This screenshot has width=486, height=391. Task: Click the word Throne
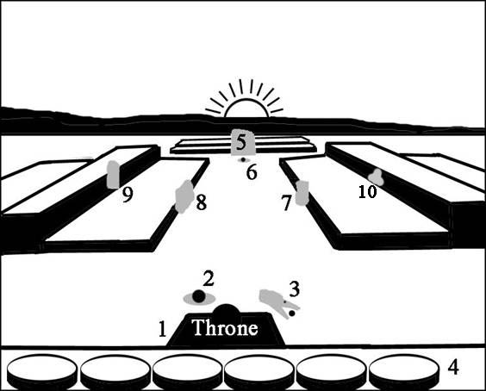coord(225,327)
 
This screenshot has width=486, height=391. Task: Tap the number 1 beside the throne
coord(162,329)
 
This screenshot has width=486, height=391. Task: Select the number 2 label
coord(209,278)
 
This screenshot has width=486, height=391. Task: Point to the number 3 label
coord(294,289)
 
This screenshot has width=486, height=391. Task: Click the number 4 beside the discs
coord(453,368)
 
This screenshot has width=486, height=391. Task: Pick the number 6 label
coord(252,172)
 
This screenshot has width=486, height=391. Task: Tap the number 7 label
coord(286,203)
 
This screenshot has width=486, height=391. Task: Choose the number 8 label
coord(201,203)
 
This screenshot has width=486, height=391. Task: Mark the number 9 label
coord(128,195)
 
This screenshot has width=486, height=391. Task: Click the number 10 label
coord(367,191)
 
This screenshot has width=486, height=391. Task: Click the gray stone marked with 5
coord(243,142)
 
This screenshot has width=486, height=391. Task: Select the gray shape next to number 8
coord(184,196)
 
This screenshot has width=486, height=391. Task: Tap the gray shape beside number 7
coord(302,193)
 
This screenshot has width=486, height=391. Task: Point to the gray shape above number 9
coord(113,175)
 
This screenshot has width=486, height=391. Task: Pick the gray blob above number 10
coord(377,177)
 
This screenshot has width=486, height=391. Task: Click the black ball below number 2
coord(199,296)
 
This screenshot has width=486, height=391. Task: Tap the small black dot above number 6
coord(243,159)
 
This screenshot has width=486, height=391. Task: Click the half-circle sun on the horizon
coord(246,108)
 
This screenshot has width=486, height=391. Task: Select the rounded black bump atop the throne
coord(227,310)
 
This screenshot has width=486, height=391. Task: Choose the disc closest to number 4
coord(404,372)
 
